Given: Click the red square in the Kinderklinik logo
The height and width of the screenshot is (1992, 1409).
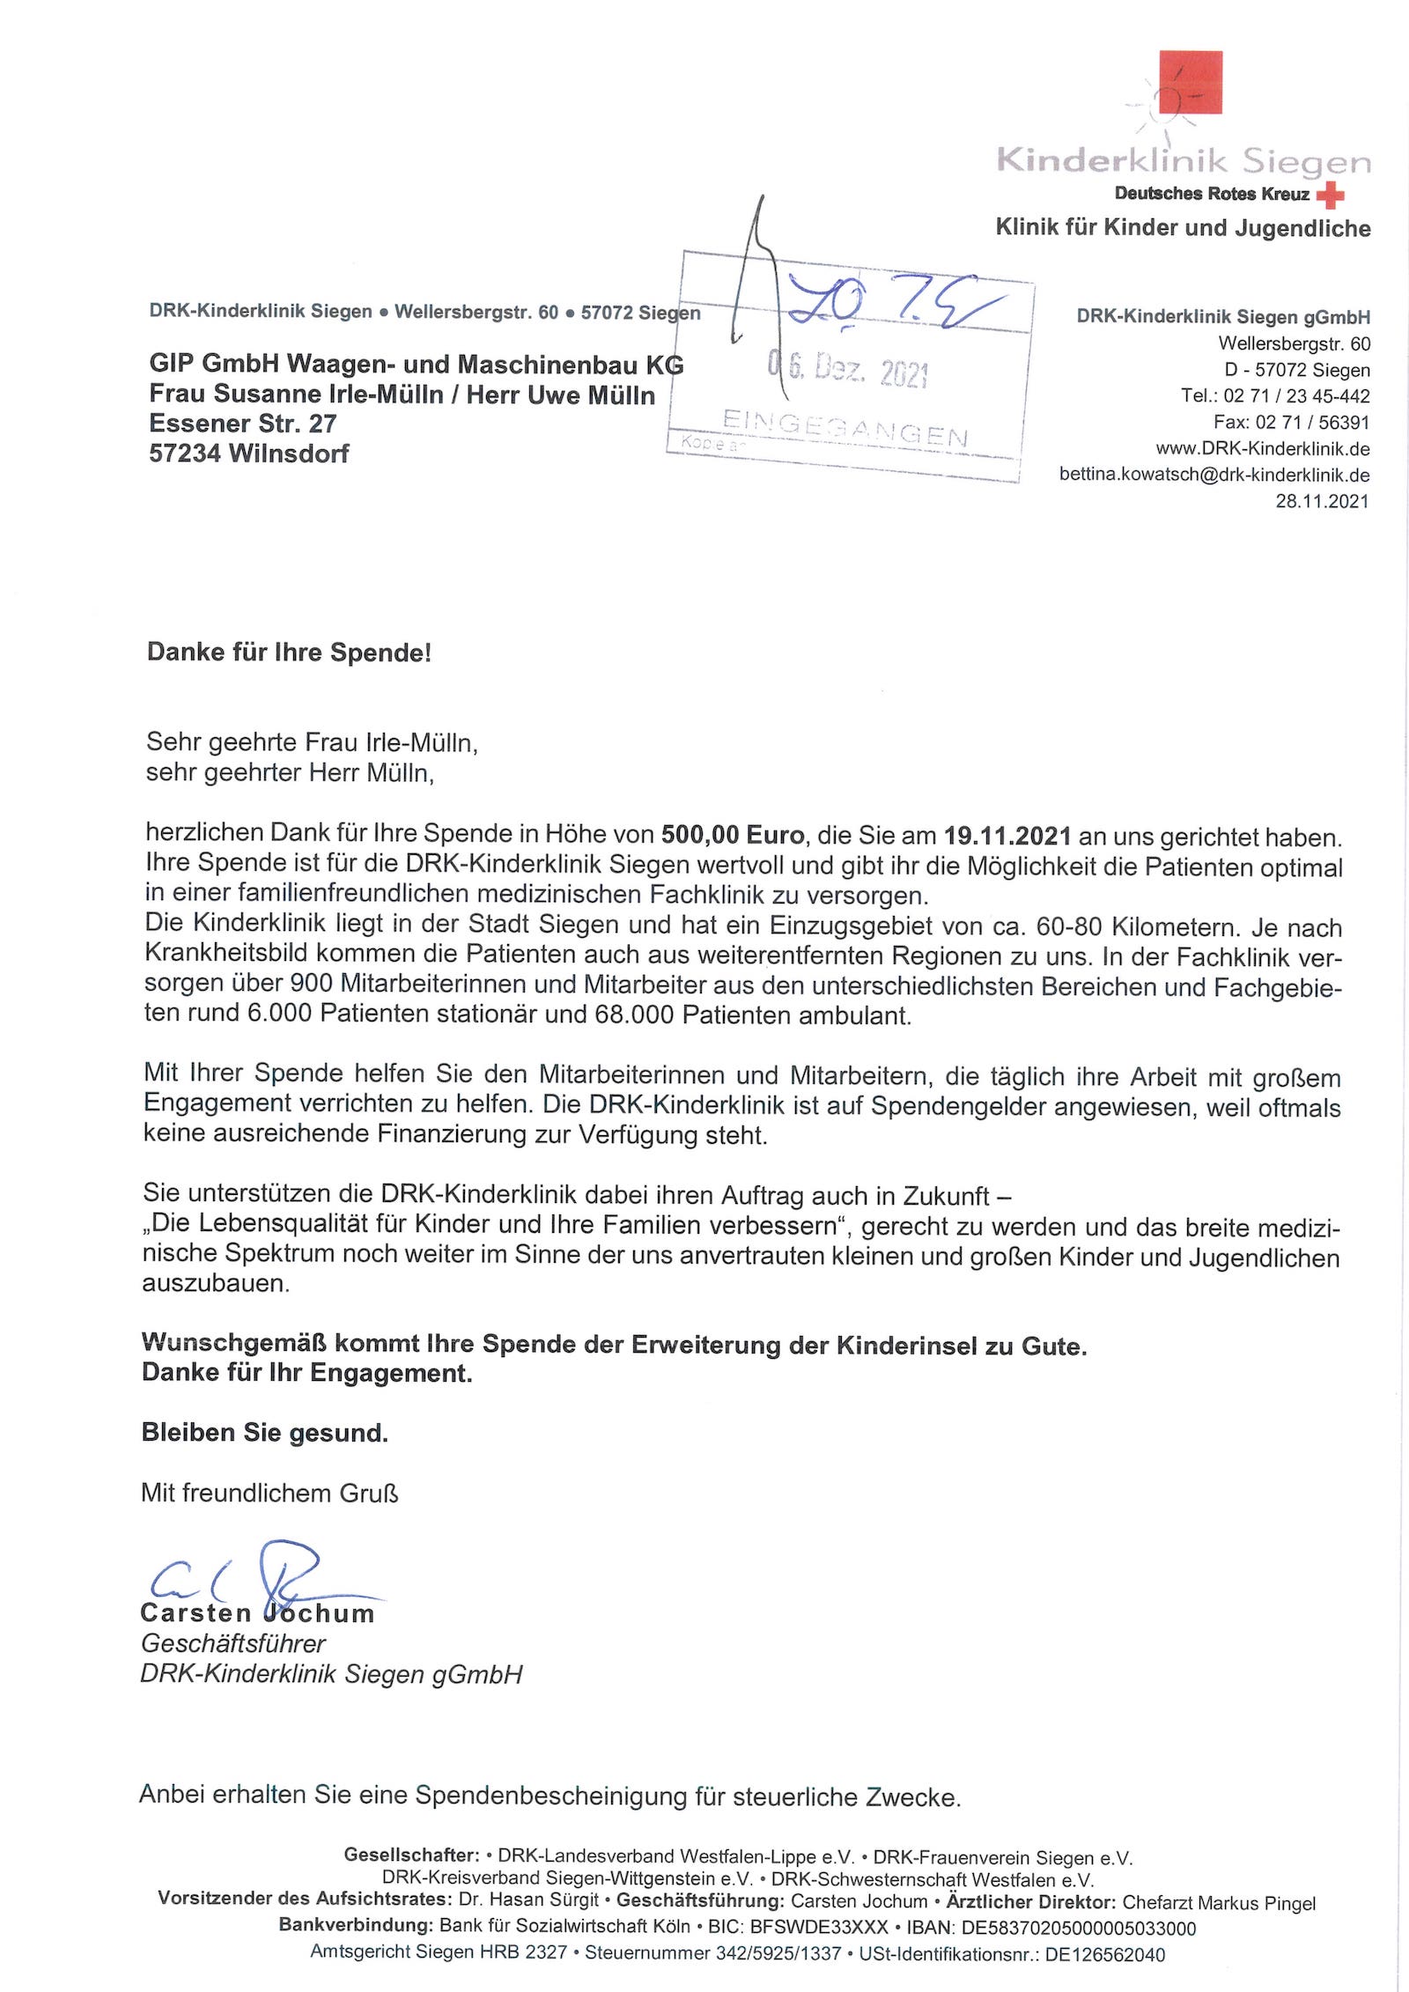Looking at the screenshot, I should (x=1190, y=82).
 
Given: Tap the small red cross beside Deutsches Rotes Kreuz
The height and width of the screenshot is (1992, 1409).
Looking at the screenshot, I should (x=1331, y=195).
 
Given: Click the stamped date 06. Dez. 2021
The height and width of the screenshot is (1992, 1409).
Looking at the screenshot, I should (x=848, y=369).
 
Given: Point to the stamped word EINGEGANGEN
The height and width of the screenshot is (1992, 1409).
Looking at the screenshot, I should (x=845, y=428).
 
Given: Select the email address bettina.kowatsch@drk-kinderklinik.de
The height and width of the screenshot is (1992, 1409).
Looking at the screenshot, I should (x=1214, y=476).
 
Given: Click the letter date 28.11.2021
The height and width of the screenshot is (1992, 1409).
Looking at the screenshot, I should (x=1322, y=502).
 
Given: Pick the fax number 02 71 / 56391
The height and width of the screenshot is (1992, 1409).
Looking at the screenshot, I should (x=1312, y=423).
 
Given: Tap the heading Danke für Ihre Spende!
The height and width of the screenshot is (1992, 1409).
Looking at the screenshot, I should (x=289, y=653).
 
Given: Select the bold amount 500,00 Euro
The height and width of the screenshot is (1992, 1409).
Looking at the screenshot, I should (x=733, y=835).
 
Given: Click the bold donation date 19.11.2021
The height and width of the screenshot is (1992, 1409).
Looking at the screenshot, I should (x=1007, y=835).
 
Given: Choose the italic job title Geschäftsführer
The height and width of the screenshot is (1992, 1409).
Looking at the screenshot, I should (x=233, y=1643).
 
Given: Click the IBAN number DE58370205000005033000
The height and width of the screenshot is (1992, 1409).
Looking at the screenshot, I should (x=1078, y=1929).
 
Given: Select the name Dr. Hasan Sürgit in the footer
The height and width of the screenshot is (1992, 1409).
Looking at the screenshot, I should (x=528, y=1900).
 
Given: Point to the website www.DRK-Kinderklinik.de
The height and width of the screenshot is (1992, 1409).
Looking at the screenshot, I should (x=1263, y=449).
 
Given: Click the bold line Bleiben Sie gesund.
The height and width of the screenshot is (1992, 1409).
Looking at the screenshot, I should (x=264, y=1433).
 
